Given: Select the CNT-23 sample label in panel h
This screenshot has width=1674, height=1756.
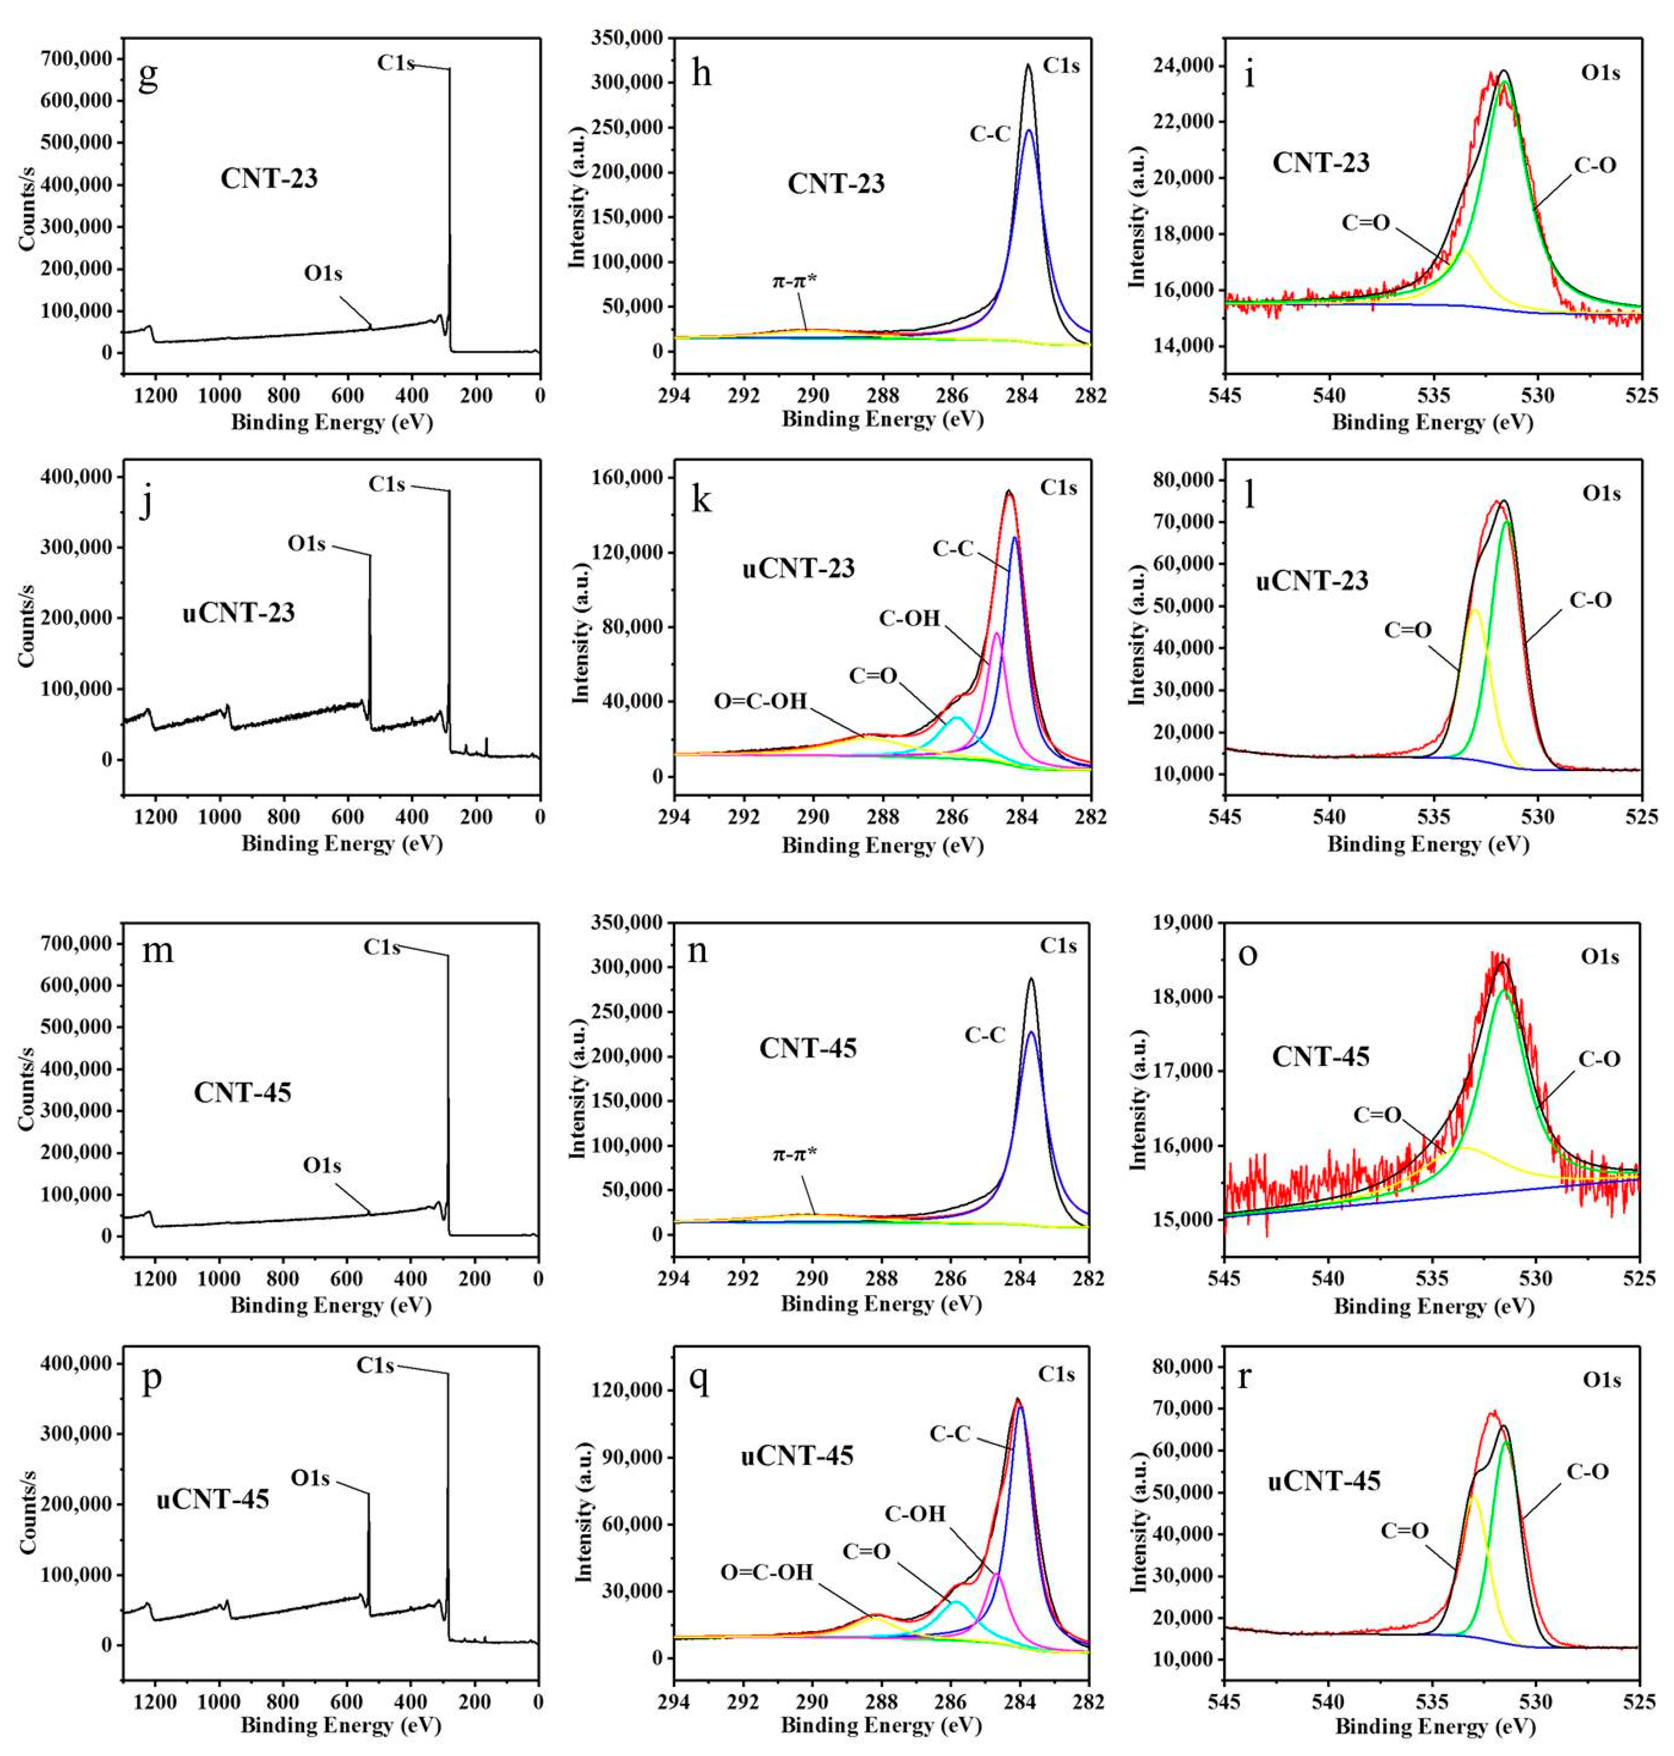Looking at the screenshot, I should [x=836, y=184].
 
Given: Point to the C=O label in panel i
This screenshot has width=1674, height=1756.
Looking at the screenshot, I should [x=1366, y=222].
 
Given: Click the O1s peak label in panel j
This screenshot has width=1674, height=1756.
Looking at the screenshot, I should [x=307, y=543].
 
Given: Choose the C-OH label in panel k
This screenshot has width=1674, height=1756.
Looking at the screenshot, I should [x=910, y=617].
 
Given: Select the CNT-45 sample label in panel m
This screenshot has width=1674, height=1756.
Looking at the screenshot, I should [x=243, y=1092].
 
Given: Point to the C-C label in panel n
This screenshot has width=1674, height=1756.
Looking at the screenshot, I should [x=985, y=1035].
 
